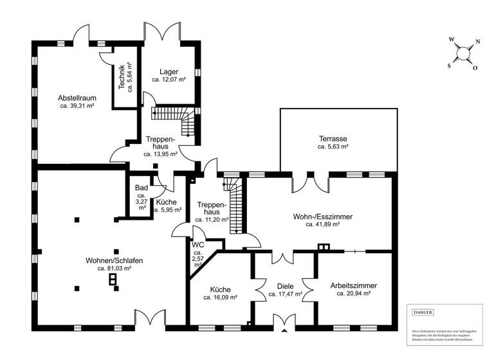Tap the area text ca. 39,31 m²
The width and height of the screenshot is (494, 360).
(x=77, y=106)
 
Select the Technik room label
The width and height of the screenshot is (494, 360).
(x=122, y=77)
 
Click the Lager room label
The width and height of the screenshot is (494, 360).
(x=169, y=71)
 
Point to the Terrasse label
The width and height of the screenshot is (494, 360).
(x=333, y=138)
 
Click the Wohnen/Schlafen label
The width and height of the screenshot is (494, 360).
(x=114, y=260)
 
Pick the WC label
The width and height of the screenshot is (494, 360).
(x=197, y=244)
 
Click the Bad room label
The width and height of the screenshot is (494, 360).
(x=141, y=188)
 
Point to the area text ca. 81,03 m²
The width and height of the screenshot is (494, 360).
(x=114, y=269)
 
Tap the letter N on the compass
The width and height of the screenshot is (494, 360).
(x=477, y=42)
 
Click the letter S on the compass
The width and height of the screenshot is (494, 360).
(x=449, y=65)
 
